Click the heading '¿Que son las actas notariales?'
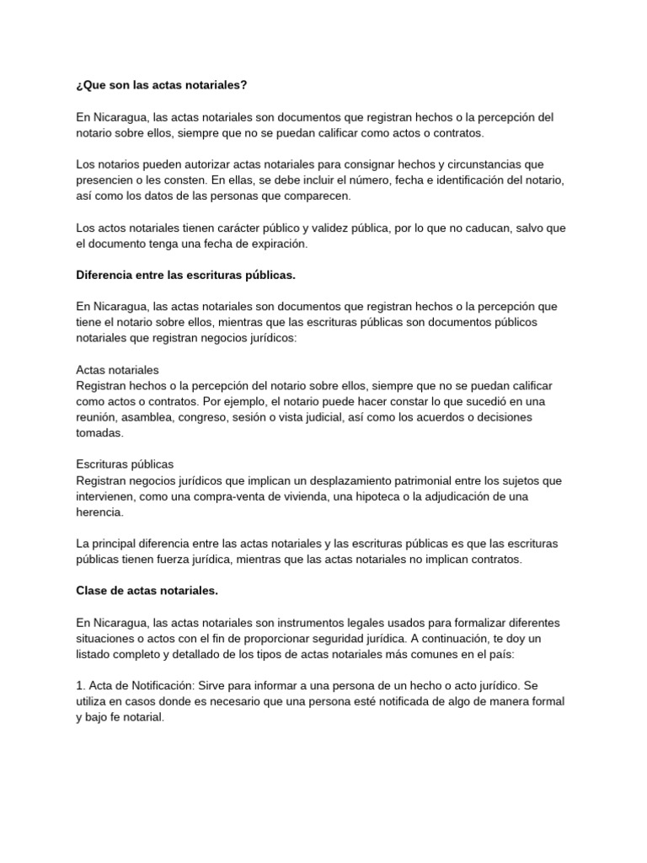pos(162,85)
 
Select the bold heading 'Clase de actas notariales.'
pos(147,591)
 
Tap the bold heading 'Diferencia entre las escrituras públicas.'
pos(185,275)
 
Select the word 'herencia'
pos(99,512)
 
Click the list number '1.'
pos(81,686)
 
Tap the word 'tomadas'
pos(99,433)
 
